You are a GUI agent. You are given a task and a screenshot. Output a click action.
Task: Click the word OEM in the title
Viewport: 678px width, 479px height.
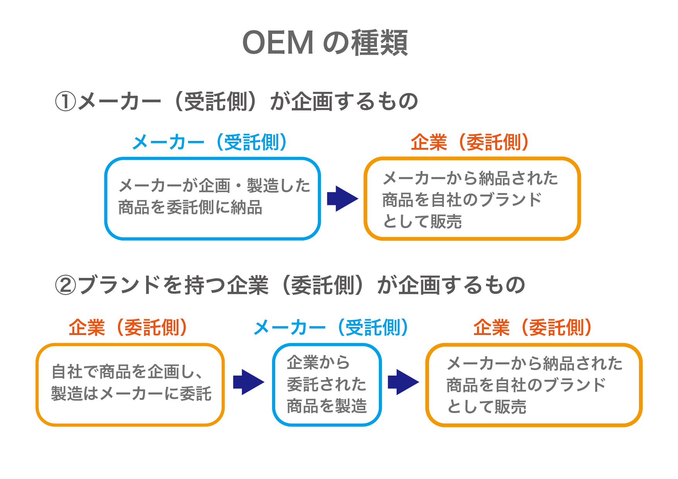point(278,42)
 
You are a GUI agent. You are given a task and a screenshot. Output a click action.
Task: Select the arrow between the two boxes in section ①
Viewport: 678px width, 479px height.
point(342,199)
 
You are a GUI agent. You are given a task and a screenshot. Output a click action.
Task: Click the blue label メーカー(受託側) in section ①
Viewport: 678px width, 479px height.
point(210,142)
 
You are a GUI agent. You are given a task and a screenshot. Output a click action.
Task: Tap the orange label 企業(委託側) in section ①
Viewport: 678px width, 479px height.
point(469,142)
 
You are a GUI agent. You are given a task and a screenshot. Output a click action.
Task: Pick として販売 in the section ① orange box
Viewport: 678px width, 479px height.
point(422,222)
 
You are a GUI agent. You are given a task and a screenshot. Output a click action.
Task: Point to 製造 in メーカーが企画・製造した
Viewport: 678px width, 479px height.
point(262,186)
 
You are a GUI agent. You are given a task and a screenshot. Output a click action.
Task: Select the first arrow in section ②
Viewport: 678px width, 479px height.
point(248,382)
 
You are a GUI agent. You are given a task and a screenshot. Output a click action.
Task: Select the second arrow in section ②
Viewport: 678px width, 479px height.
point(403,382)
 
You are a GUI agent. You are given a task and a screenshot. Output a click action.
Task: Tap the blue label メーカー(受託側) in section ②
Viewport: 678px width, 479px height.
point(331,328)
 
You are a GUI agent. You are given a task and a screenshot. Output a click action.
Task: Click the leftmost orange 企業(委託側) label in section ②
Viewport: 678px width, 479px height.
point(128,328)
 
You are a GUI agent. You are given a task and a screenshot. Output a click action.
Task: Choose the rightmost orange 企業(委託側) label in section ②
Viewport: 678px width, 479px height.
point(532,328)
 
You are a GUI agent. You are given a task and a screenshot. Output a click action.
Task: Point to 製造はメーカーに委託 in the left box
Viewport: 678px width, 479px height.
point(131,394)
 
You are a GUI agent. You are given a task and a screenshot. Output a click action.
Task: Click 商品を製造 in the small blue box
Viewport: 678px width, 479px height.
point(327,406)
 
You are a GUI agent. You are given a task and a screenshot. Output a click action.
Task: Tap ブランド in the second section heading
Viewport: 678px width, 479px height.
point(120,285)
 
